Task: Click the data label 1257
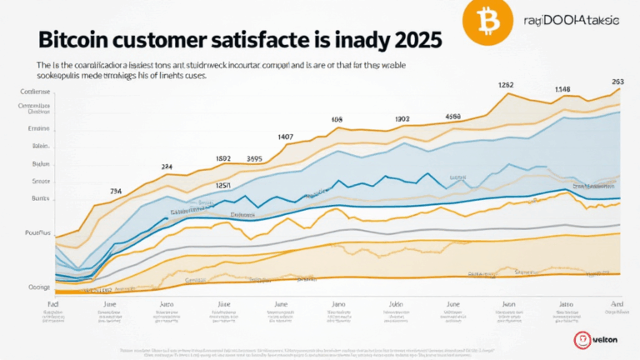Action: point(223,185)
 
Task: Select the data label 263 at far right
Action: point(617,82)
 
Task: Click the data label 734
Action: point(117,192)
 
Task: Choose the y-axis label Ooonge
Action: point(37,287)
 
